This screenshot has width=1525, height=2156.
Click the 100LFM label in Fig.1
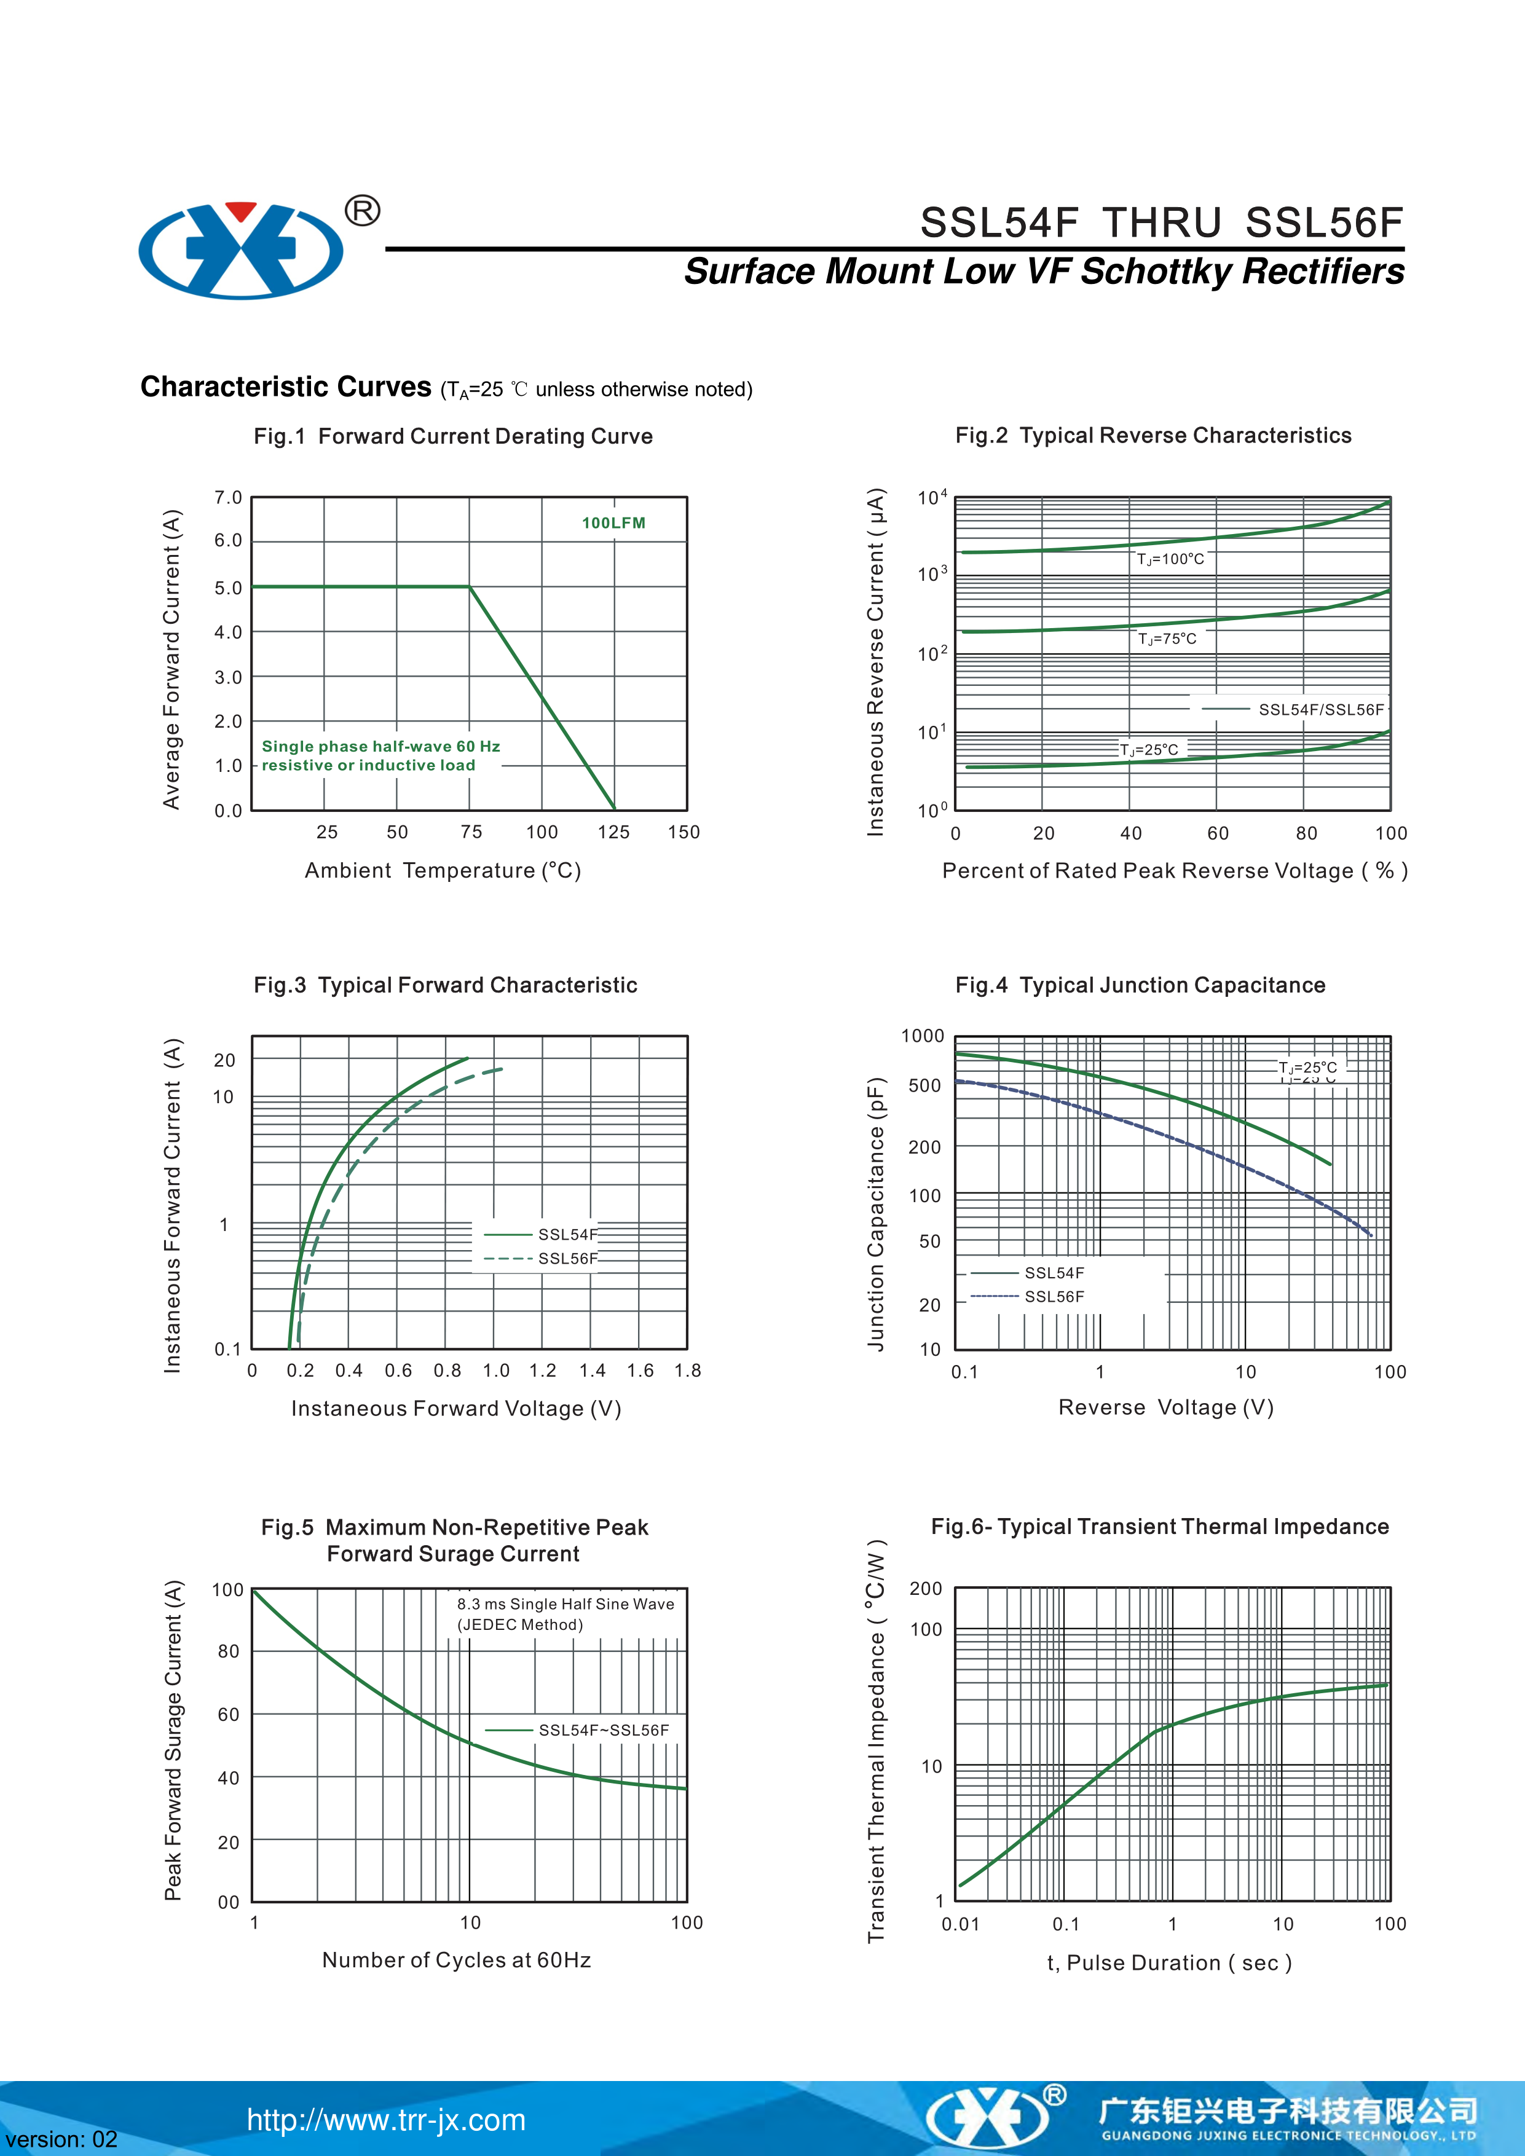[x=613, y=523]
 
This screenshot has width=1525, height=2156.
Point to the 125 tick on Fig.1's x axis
[x=613, y=832]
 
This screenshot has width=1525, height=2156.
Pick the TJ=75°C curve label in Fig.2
[x=1167, y=639]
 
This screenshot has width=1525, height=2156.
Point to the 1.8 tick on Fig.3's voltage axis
[x=687, y=1371]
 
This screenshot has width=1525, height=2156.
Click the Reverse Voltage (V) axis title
[x=1165, y=1407]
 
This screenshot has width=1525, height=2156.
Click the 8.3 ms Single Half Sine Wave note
[x=565, y=1604]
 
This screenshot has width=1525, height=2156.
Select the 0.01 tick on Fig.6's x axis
[x=960, y=1924]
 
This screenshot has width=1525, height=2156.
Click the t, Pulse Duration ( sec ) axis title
[x=1169, y=1962]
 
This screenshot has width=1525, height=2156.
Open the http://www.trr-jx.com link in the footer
[x=386, y=2120]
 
